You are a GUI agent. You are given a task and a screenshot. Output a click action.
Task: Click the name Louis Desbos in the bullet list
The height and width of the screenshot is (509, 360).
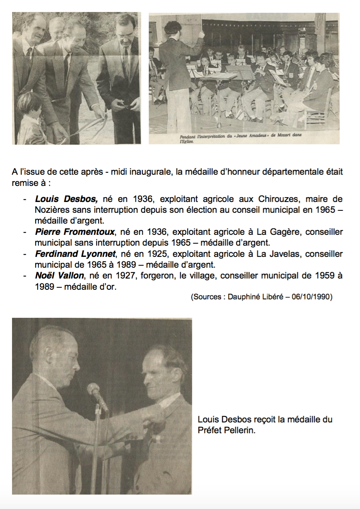pos(66,199)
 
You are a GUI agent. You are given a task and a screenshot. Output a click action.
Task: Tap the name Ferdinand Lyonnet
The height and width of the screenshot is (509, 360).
pos(74,254)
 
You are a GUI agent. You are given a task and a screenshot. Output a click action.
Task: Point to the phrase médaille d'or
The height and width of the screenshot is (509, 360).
pos(95,287)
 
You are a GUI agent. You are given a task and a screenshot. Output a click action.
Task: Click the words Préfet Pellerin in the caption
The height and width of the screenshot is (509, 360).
pos(227,431)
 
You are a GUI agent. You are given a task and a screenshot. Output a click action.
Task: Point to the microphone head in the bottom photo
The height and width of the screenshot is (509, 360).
pos(94,389)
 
